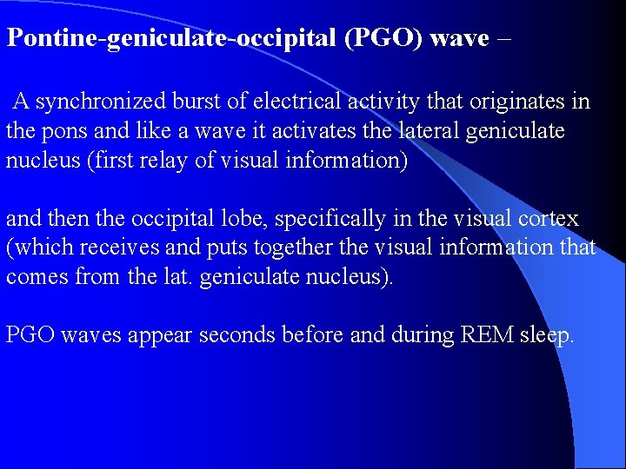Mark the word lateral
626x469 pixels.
415,132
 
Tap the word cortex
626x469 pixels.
549,219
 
